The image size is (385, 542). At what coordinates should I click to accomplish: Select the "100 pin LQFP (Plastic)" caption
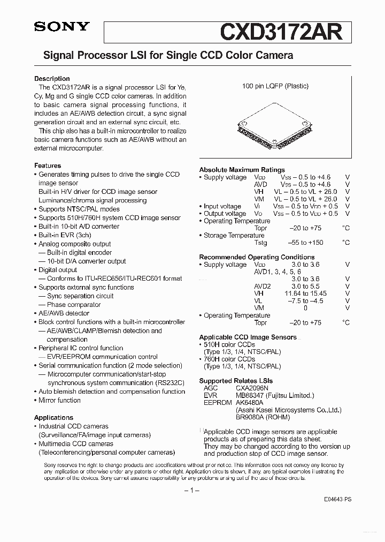275,86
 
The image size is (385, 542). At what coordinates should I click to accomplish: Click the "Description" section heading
52,79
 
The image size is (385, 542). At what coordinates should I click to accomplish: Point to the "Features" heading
48,166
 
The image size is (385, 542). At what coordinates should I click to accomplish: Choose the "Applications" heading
53,418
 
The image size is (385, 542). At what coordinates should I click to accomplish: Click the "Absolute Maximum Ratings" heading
242,170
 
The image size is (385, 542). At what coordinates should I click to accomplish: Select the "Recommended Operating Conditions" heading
257,257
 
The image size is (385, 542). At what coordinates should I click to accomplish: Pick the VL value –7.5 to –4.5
306,301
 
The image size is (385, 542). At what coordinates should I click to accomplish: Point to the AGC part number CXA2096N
252,388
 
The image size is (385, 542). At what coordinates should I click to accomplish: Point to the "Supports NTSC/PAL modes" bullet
79,209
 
